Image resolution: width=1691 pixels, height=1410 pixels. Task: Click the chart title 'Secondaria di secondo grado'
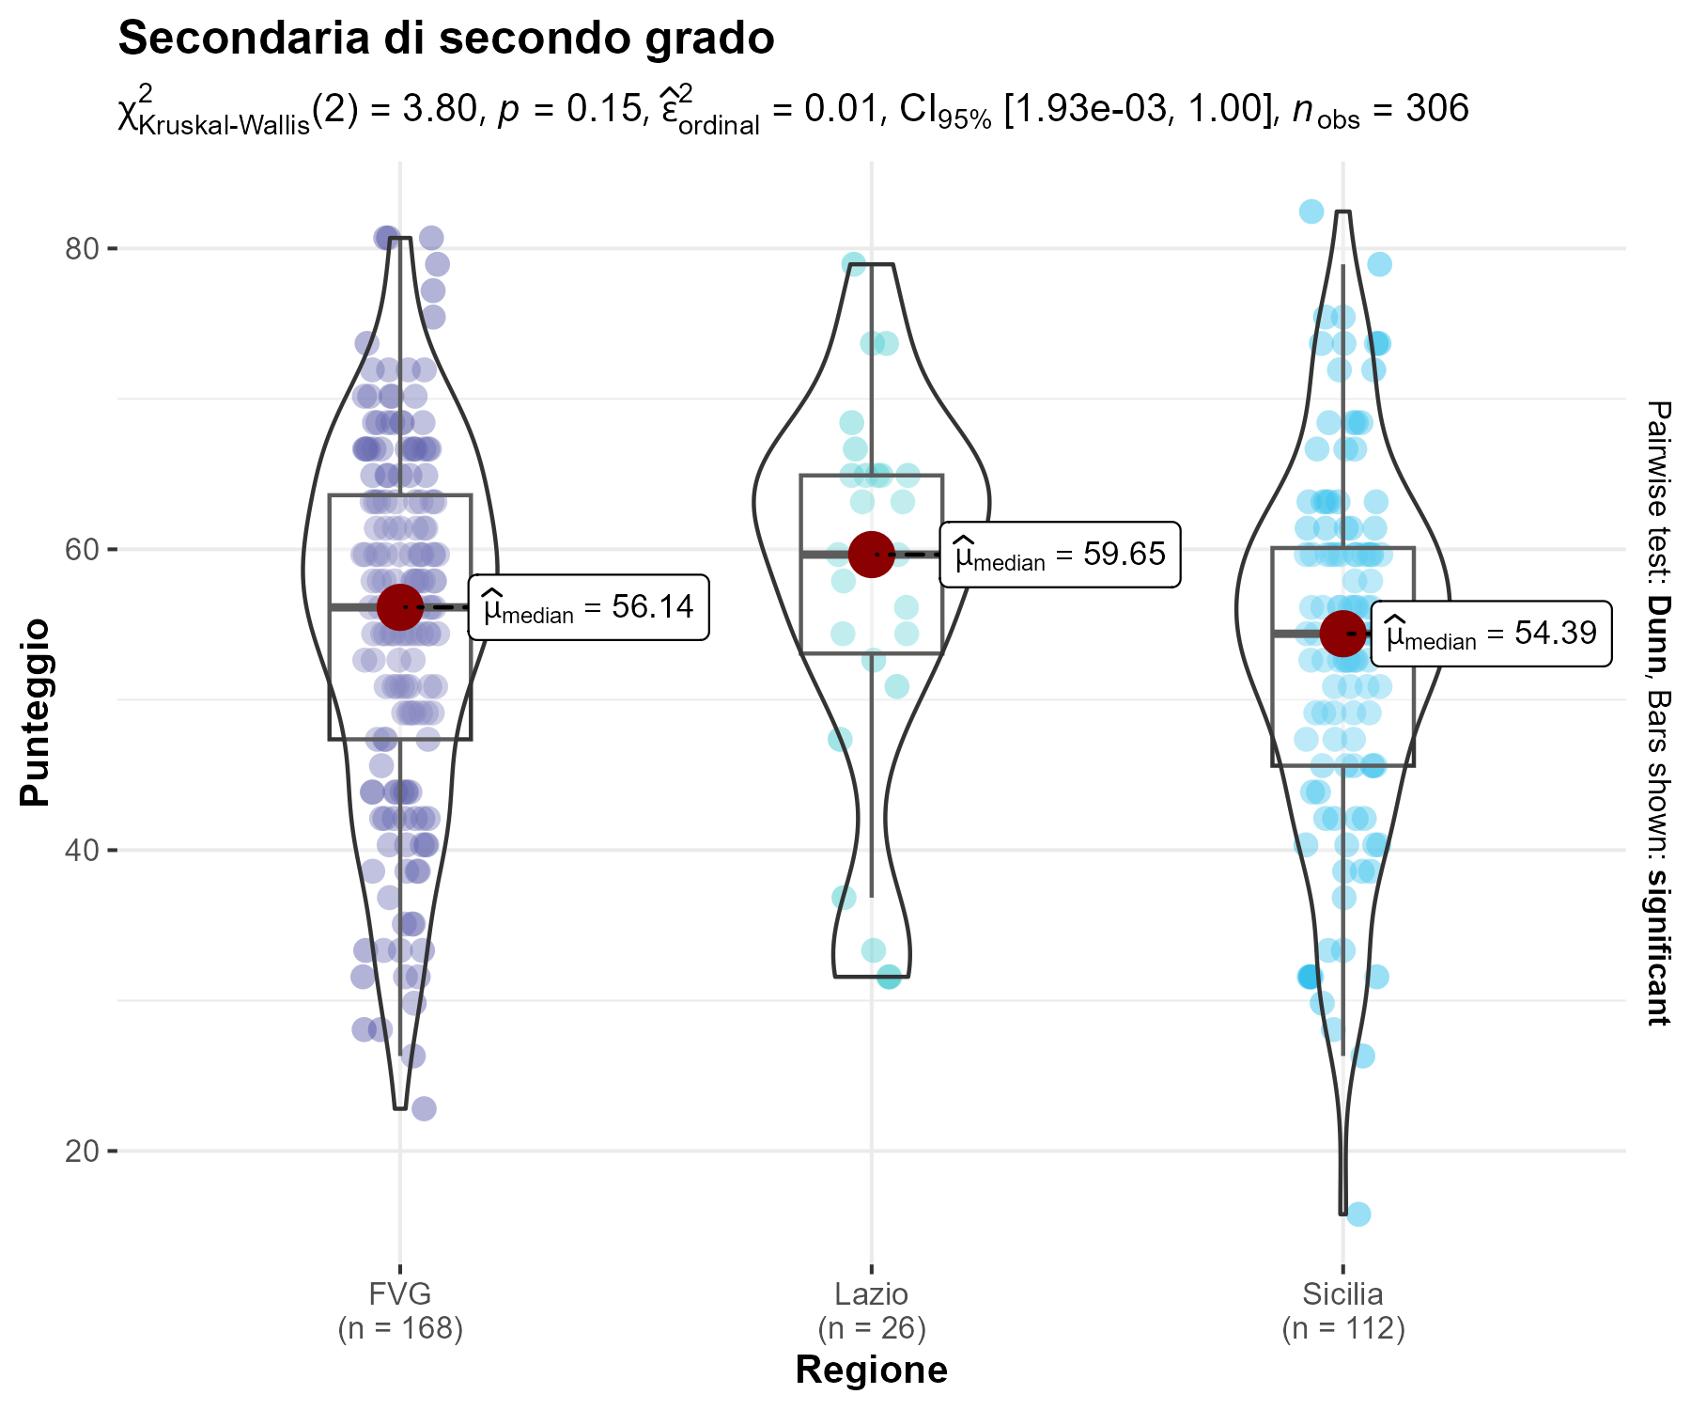[446, 39]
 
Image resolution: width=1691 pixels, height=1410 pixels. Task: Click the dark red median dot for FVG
[400, 607]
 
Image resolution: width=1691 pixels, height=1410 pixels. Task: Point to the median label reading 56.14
[588, 607]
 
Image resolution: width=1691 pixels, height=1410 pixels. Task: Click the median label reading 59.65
[1060, 555]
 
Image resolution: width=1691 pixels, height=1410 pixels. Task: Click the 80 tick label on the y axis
[82, 249]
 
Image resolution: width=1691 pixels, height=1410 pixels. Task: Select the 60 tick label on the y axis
[82, 550]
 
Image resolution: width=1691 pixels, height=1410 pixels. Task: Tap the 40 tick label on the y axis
[82, 851]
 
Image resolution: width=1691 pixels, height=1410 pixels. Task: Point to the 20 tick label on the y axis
[82, 1151]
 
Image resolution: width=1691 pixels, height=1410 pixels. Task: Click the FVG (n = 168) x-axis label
[400, 1311]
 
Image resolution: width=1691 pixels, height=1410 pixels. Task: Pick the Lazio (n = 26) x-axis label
[871, 1311]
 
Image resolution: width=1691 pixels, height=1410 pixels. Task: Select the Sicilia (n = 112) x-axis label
[1342, 1311]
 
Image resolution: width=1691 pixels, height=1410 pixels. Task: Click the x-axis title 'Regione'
[871, 1371]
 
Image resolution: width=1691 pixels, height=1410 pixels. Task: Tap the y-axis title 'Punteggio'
[36, 712]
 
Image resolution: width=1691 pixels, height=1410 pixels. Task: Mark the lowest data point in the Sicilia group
[1358, 1214]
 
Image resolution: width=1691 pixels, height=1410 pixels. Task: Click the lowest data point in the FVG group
[424, 1109]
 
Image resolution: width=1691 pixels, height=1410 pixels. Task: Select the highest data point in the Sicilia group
[1311, 211]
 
